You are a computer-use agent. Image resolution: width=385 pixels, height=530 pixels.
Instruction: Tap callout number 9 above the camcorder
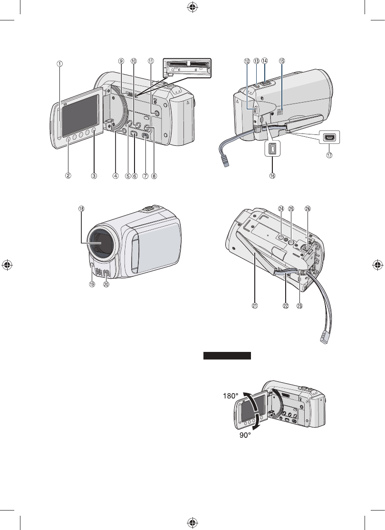click(121, 61)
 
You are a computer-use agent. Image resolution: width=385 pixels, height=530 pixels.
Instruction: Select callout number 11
click(151, 61)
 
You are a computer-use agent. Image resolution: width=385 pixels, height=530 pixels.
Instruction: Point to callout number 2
click(68, 175)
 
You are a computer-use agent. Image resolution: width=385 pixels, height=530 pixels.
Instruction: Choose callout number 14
click(265, 61)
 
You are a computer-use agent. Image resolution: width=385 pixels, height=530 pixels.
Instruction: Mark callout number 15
click(282, 61)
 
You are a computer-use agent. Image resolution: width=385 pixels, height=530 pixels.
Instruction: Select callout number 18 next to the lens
click(82, 208)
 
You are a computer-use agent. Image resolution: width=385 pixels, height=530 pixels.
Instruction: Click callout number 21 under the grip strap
click(255, 305)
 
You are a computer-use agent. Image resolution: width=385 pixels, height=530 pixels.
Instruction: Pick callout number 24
click(281, 208)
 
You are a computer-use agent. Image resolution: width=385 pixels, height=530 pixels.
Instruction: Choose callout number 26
click(308, 208)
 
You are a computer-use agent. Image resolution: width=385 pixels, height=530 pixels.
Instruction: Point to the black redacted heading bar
click(227, 356)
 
